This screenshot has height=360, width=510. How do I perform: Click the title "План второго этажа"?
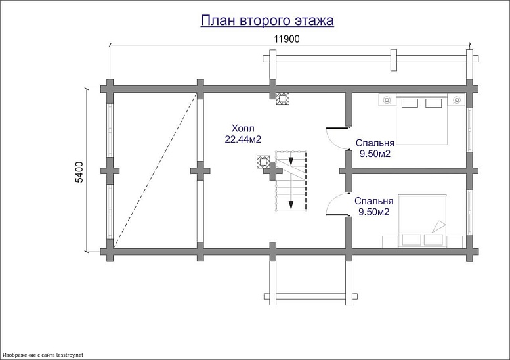[267, 20]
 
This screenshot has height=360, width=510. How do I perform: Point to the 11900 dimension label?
[287, 39]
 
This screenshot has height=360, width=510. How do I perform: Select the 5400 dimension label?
[79, 172]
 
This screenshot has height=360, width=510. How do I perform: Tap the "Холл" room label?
[243, 128]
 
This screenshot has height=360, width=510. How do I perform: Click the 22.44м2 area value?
[243, 139]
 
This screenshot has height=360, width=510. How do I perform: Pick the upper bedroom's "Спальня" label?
[375, 143]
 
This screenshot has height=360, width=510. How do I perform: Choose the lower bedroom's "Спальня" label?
[373, 201]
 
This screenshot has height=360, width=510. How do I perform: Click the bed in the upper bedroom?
[422, 119]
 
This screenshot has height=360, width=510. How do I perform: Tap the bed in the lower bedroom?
[422, 221]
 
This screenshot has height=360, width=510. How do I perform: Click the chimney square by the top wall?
[282, 99]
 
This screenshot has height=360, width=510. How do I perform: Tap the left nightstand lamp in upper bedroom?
[387, 100]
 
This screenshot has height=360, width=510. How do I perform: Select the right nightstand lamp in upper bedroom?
[457, 100]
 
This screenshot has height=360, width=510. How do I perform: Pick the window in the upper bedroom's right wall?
[469, 130]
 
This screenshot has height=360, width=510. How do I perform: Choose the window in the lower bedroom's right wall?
[469, 212]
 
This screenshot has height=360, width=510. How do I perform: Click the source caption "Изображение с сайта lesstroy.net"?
[42, 355]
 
